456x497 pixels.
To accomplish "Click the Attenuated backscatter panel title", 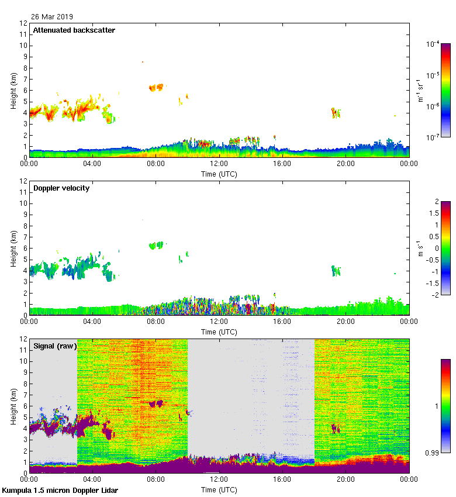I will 74,30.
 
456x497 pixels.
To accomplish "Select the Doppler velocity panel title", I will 61,188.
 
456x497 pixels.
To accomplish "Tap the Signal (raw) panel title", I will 55,346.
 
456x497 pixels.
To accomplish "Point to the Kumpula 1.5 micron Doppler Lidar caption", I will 60,491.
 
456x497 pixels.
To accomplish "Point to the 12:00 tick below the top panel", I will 219,164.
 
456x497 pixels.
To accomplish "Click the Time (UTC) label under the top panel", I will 219,174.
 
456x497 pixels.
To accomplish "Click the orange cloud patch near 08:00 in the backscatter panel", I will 156,88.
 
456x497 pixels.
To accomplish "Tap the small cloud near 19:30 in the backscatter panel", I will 336,113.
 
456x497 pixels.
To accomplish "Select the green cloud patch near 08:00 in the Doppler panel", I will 156,246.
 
